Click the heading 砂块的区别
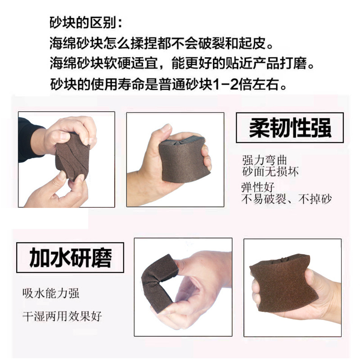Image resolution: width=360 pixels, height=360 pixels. [85, 22]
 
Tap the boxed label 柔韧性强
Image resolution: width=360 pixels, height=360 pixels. [290, 128]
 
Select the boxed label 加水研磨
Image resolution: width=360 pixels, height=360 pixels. [70, 257]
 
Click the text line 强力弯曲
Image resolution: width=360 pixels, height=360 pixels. [264, 160]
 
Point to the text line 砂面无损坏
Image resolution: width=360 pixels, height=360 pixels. [270, 171]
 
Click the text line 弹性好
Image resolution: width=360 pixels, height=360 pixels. [258, 187]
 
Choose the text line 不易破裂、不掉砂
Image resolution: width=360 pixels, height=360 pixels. [287, 199]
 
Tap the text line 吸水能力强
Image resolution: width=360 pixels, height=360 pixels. [51, 293]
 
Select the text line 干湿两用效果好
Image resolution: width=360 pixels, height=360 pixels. [62, 316]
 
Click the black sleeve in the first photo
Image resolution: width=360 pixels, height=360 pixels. [29, 139]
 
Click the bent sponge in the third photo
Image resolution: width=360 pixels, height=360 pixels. [158, 283]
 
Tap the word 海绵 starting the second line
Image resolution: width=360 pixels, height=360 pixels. [63, 43]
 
